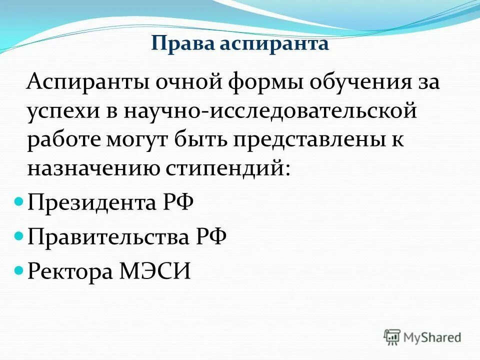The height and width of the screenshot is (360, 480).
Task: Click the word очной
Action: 185,81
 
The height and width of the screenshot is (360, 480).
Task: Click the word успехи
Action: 62,111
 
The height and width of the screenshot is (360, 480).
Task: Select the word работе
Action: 62,139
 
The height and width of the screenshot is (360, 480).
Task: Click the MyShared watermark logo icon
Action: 392,336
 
